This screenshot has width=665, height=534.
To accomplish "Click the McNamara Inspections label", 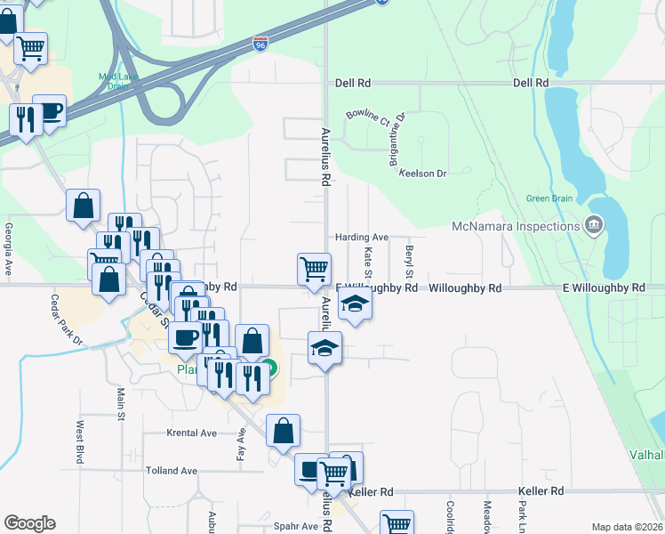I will click(516, 226).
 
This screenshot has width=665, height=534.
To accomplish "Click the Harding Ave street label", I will click(362, 238).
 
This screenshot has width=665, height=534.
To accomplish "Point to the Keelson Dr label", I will click(421, 174).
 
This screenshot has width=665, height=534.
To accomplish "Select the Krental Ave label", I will click(192, 433).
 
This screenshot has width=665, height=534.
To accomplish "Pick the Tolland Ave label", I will click(172, 471).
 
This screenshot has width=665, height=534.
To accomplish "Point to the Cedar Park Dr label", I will click(66, 320).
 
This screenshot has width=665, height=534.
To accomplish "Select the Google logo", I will click(29, 523).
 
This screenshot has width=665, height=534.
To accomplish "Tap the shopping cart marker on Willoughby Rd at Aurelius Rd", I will click(313, 268).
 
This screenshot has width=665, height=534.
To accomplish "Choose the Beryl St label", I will click(409, 260).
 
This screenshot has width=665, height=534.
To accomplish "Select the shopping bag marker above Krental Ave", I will click(283, 431).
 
